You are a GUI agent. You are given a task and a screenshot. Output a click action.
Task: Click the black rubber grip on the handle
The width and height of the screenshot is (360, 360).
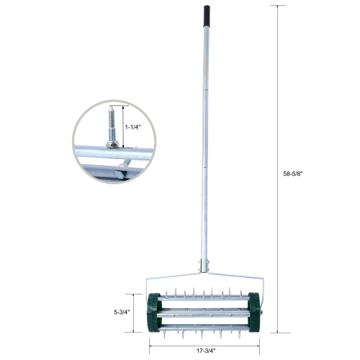207,14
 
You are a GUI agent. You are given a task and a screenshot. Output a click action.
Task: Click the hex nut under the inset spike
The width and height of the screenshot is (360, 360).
113,145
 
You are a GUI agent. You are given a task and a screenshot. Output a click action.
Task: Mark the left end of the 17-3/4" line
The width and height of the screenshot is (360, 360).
150,343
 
